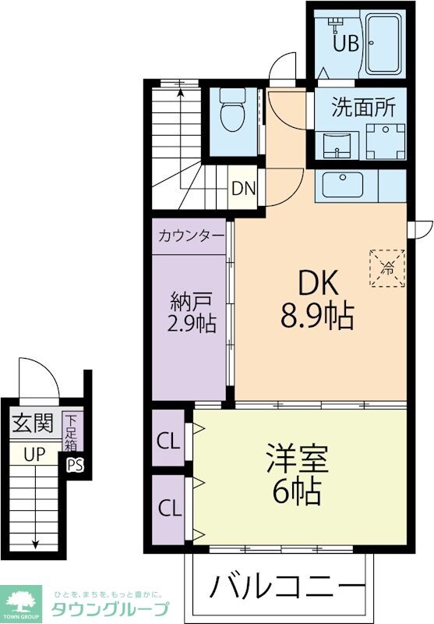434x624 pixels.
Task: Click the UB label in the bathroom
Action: pyautogui.click(x=346, y=43)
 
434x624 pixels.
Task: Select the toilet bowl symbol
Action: pyautogui.click(x=232, y=110)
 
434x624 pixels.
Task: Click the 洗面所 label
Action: pyautogui.click(x=363, y=108)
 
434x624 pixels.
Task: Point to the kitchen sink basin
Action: pyautogui.click(x=343, y=185)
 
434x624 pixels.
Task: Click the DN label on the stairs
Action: pyautogui.click(x=243, y=189)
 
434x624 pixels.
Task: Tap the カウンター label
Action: pyautogui.click(x=191, y=236)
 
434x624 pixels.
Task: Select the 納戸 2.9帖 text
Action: pyautogui.click(x=191, y=313)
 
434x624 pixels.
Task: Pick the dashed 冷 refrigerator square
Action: pyautogui.click(x=387, y=268)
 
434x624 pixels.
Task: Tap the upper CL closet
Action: pyautogui.click(x=168, y=438)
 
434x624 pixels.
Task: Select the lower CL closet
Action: pyautogui.click(x=168, y=509)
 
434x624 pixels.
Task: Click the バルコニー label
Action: pyautogui.click(x=287, y=586)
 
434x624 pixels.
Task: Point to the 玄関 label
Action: pyautogui.click(x=33, y=423)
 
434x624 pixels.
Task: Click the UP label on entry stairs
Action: pyautogui.click(x=34, y=454)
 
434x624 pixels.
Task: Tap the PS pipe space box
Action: pyautogui.click(x=75, y=465)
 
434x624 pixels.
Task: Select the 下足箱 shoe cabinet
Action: pyautogui.click(x=72, y=433)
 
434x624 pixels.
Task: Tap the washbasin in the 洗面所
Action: pyautogui.click(x=337, y=146)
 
